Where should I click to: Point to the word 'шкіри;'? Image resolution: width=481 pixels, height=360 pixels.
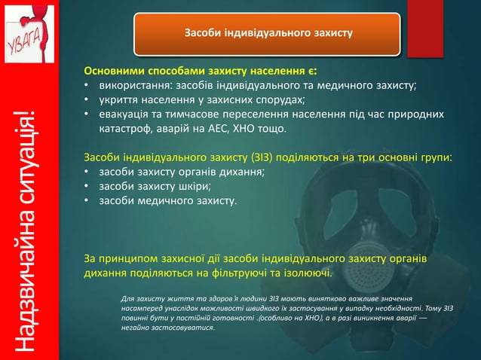(194, 187)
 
